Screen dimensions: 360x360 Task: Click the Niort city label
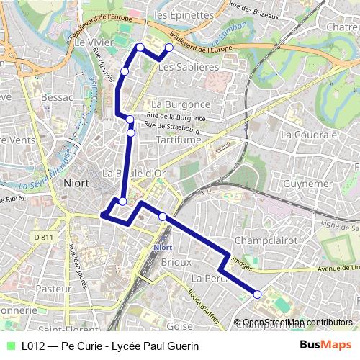pyautogui.click(x=76, y=183)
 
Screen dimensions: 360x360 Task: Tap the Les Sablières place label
pyautogui.click(x=188, y=67)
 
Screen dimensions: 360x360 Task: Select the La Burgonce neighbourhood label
pyautogui.click(x=181, y=104)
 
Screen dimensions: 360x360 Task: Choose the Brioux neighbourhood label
pyautogui.click(x=176, y=263)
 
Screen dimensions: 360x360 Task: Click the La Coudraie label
pyautogui.click(x=309, y=134)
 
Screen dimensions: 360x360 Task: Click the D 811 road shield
pyautogui.click(x=44, y=236)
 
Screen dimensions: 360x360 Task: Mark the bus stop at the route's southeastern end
pyautogui.click(x=257, y=292)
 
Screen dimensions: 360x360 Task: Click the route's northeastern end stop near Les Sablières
pyautogui.click(x=169, y=48)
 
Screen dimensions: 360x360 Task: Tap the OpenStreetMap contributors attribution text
pyautogui.click(x=297, y=323)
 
